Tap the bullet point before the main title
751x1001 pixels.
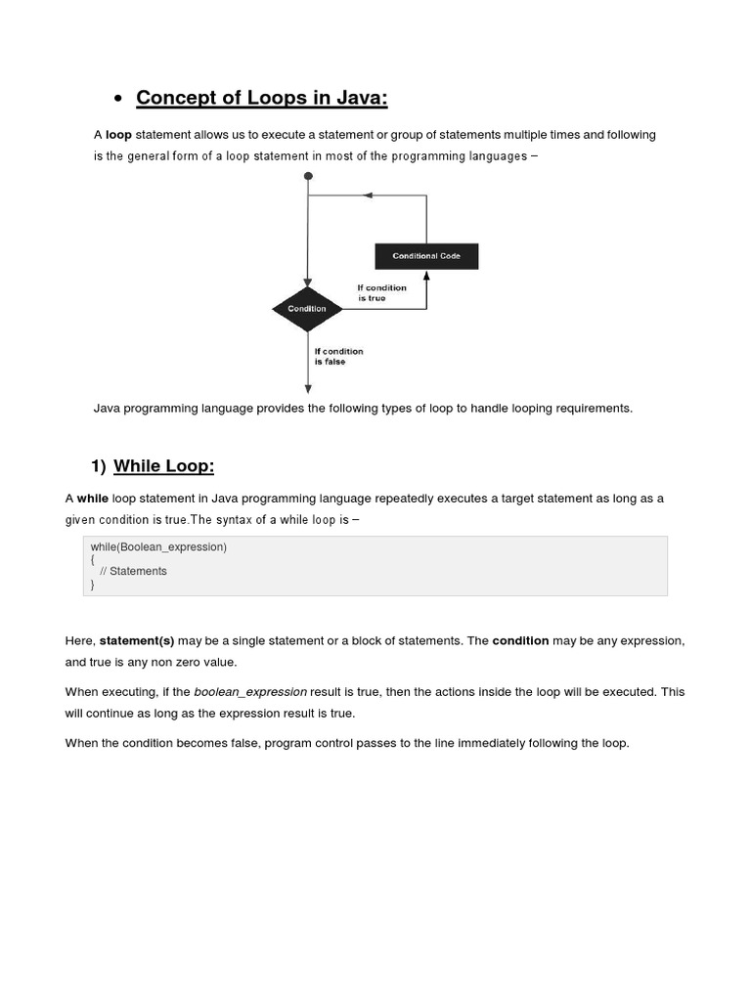click(x=117, y=99)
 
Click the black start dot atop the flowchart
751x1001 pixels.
click(x=308, y=176)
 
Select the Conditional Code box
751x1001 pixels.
click(x=426, y=256)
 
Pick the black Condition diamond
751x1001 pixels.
click(x=307, y=309)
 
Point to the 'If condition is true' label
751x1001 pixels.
click(x=381, y=292)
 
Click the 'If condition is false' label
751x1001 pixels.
click(x=337, y=356)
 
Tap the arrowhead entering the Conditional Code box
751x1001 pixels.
click(x=426, y=276)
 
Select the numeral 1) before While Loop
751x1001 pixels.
click(x=98, y=465)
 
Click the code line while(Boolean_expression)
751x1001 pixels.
click(x=158, y=547)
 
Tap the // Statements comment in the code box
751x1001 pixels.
click(x=133, y=571)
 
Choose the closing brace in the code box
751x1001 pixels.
click(x=93, y=585)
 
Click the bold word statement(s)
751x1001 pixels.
click(x=137, y=641)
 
